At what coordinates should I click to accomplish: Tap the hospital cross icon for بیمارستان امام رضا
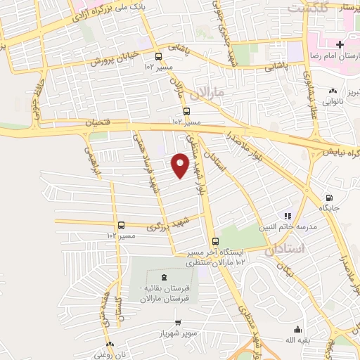pyautogui.click(x=340, y=45)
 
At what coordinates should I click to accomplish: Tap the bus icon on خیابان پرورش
pyautogui.click(x=157, y=56)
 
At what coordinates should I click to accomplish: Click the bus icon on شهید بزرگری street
pyautogui.click(x=122, y=226)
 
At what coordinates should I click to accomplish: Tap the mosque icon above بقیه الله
pyautogui.click(x=298, y=329)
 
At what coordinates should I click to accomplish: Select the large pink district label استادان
pyautogui.click(x=284, y=249)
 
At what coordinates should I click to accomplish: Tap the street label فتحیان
pyautogui.click(x=98, y=122)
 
